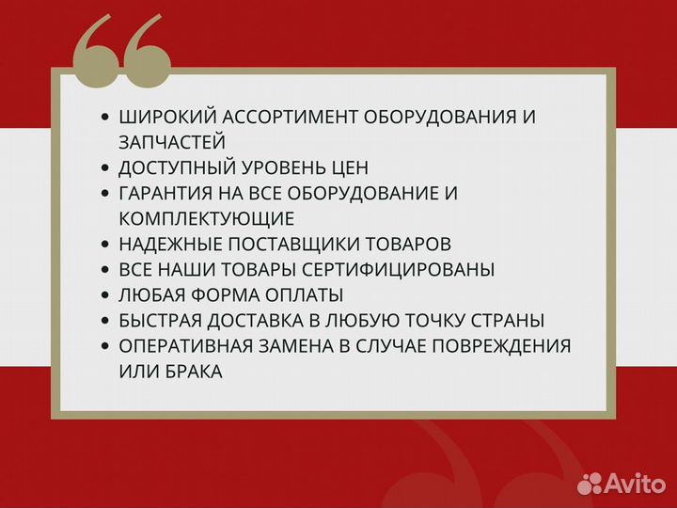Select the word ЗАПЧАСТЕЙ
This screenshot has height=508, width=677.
[172, 143]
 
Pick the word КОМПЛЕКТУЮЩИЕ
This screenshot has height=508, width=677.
[207, 219]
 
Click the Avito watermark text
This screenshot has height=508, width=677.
[634, 483]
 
